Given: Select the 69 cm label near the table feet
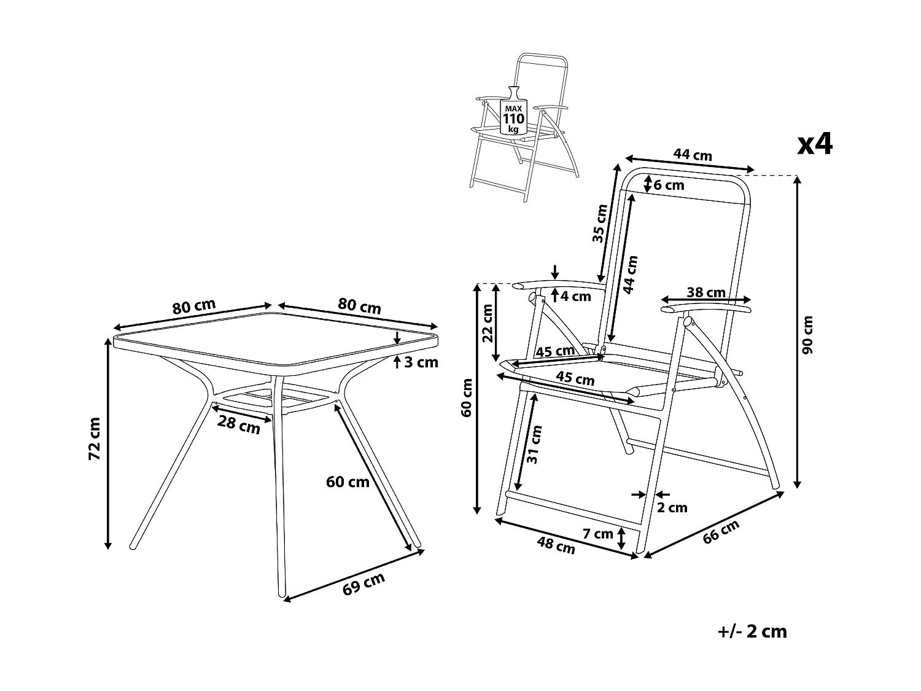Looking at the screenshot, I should pos(363,584).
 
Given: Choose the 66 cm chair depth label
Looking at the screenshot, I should pos(721,531).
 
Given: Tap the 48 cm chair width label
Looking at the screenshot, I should pos(556,545).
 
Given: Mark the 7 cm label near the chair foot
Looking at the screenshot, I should pos(598,534).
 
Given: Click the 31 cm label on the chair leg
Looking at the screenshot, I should pos(534,443).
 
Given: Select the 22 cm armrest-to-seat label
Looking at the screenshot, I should pos(488,323).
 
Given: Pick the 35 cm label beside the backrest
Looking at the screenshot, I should pos(599,224).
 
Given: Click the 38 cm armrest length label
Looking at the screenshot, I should pos(706,292).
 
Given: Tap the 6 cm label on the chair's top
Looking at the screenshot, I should pos(669,185).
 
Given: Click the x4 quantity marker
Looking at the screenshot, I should pos(815,145).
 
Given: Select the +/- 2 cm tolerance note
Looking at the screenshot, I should pos(752,631).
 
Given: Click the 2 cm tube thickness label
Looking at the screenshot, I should pos(672,507).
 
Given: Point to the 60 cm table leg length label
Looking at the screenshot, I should pos(348,482).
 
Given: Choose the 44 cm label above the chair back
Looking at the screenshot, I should pos(693,155).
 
